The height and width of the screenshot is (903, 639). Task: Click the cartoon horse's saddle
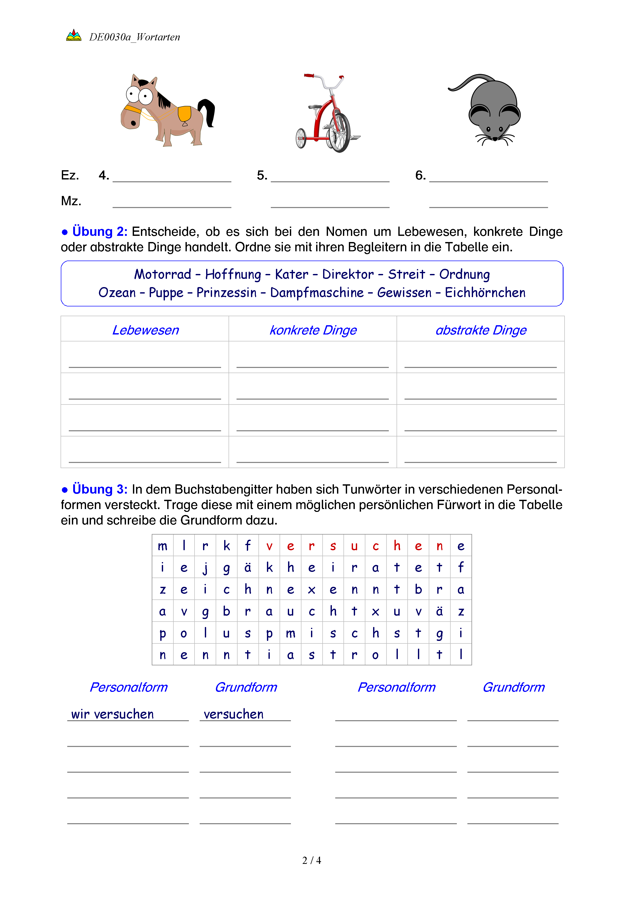click(184, 114)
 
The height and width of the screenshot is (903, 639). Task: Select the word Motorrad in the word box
click(163, 274)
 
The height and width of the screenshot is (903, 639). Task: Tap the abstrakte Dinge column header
click(481, 330)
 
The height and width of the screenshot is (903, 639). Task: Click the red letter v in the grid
click(269, 546)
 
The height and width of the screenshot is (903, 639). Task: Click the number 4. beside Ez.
click(104, 175)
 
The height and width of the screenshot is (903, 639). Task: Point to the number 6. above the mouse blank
click(420, 175)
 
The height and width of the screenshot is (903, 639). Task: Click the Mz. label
click(71, 201)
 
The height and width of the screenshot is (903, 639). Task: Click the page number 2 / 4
click(311, 860)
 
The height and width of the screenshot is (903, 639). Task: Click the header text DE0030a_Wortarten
click(134, 37)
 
